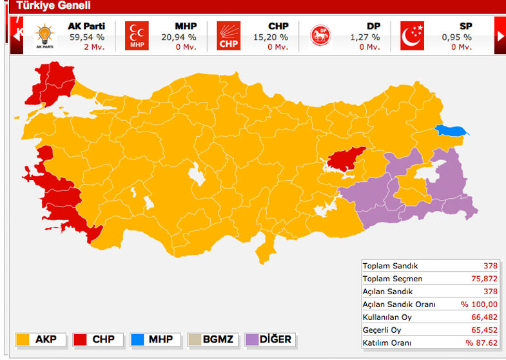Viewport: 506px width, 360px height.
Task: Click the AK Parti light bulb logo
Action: click(x=44, y=36)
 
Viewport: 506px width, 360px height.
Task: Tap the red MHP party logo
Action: click(x=137, y=36)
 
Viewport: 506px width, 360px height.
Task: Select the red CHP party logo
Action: click(x=228, y=36)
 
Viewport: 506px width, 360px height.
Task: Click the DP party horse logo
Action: click(x=320, y=36)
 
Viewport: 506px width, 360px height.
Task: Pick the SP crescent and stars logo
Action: click(x=412, y=36)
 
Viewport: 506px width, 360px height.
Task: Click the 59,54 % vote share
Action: click(x=87, y=37)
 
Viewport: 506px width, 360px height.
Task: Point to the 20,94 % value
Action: click(x=179, y=37)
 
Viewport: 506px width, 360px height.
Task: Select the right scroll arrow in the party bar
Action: click(x=501, y=36)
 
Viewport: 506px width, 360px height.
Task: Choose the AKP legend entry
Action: click(x=39, y=339)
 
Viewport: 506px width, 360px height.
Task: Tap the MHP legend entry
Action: click(x=153, y=339)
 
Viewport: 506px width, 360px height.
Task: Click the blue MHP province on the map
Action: click(x=451, y=131)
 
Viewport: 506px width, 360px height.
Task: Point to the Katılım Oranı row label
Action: click(x=387, y=343)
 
